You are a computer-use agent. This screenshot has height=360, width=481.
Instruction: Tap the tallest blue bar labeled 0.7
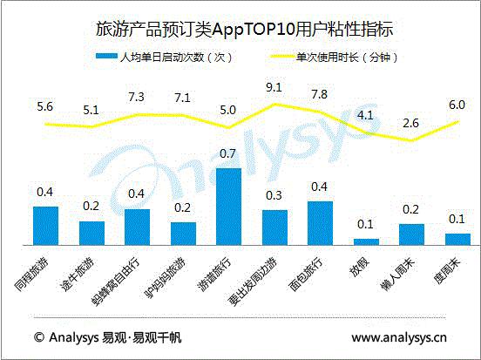tap(228, 207)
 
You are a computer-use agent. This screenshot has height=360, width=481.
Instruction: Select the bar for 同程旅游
tap(45, 226)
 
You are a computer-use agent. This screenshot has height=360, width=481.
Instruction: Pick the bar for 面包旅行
tap(320, 223)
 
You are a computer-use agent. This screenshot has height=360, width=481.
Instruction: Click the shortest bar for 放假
tap(366, 241)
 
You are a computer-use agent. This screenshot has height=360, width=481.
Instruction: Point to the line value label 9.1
tap(273, 86)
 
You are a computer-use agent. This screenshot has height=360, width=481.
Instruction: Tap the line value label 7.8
tap(319, 94)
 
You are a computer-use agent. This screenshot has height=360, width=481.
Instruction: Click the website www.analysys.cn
tap(399, 336)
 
